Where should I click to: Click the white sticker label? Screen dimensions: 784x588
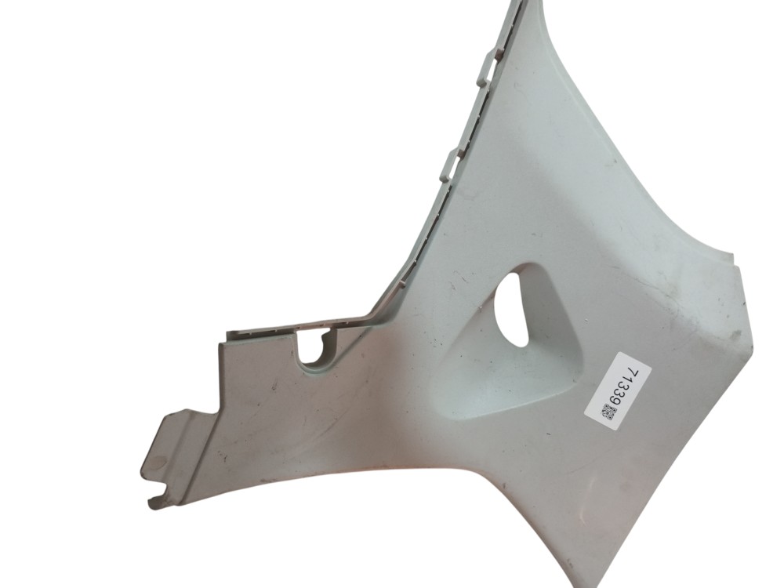[x=618, y=390]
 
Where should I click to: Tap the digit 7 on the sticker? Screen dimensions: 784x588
[x=634, y=375]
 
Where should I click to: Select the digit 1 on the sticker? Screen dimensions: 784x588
[x=630, y=382]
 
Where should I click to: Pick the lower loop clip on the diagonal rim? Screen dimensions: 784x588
[x=452, y=165]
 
